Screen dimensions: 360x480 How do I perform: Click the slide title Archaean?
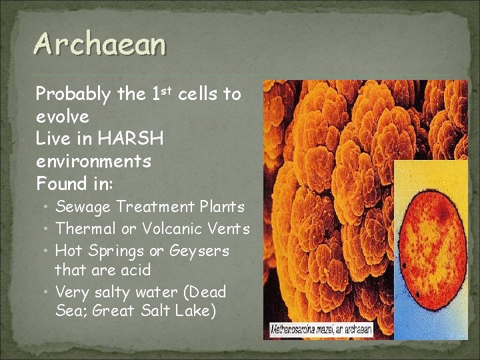point(100,45)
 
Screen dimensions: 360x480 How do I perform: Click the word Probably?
point(73,95)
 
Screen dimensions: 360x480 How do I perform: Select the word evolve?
point(62,117)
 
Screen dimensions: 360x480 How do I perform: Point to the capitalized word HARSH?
point(131,139)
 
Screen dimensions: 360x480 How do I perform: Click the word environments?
point(93,161)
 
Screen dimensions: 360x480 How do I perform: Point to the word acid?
point(136,270)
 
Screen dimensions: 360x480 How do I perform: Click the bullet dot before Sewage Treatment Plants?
point(48,208)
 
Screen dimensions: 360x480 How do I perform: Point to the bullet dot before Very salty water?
point(48,292)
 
